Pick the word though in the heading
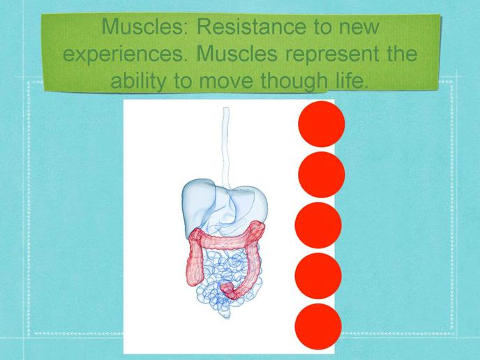point(294,81)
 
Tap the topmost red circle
point(322,124)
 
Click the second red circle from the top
point(322,174)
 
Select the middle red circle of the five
point(318,225)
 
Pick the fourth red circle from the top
point(318,276)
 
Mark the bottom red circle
point(318,327)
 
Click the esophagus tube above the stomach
point(226,147)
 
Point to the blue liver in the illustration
point(199,205)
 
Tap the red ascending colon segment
point(195,260)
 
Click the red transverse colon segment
point(227,237)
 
